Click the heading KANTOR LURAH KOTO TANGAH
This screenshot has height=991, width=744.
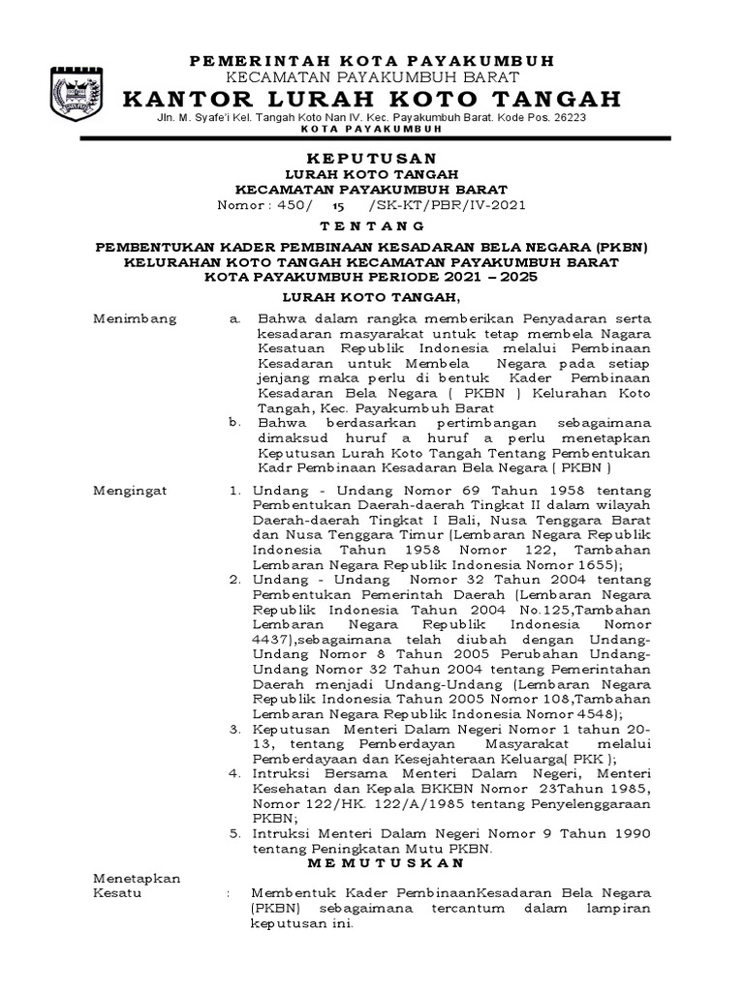tap(373, 99)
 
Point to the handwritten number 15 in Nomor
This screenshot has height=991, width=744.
tap(338, 206)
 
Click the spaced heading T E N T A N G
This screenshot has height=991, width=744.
tap(371, 225)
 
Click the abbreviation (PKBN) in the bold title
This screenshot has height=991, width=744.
tap(620, 247)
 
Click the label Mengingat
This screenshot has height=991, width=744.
tap(130, 491)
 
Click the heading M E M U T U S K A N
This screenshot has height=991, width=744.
tap(386, 862)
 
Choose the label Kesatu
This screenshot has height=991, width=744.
tap(116, 892)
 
